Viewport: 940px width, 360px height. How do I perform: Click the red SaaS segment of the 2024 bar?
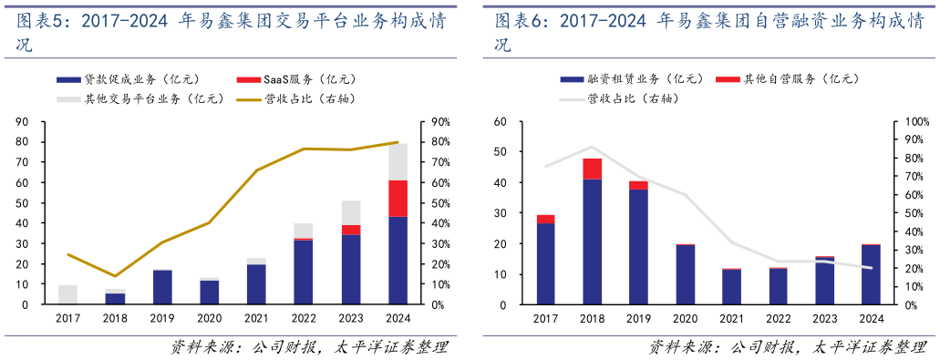coord(398,198)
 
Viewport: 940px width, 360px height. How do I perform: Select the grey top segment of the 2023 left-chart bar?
coord(351,212)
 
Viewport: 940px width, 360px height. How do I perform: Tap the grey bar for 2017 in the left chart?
coord(67,294)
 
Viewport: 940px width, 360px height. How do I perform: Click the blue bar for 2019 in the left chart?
coord(162,287)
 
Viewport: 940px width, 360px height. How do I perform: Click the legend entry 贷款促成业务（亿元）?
coord(128,79)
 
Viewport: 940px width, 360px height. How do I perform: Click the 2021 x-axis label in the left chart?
coord(256,318)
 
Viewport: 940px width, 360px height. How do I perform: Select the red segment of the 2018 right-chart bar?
coord(593,169)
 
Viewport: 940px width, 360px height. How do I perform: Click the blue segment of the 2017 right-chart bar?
coord(546,263)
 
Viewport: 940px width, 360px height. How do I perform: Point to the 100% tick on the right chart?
coord(914,122)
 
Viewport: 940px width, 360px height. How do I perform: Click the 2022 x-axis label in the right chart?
coord(779,318)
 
